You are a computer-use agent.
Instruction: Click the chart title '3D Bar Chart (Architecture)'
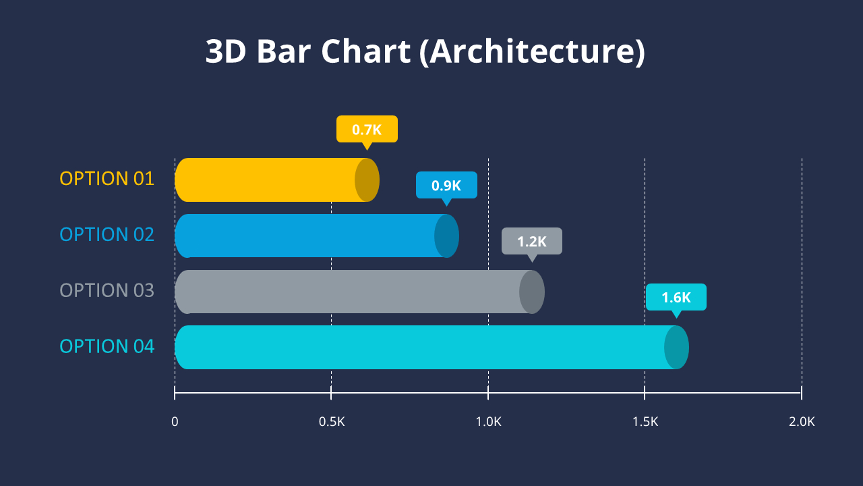pos(425,52)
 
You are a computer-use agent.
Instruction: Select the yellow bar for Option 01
pos(270,180)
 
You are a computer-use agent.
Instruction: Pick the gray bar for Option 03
pos(351,292)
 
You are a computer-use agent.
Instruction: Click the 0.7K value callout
pos(367,130)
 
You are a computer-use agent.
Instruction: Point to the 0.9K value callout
pos(446,185)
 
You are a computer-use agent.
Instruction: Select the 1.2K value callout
pos(531,241)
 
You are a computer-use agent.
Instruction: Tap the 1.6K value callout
pos(676,297)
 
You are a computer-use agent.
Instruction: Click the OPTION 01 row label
pos(107,179)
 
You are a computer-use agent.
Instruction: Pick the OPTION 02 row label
pos(107,235)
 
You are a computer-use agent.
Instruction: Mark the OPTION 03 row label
pos(107,290)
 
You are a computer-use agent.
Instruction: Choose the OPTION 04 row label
pos(107,346)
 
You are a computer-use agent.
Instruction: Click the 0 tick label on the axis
pos(175,422)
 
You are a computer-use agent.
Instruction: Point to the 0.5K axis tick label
pos(331,422)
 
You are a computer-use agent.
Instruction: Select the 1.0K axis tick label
pos(488,422)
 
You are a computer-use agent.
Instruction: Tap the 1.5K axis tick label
pos(645,422)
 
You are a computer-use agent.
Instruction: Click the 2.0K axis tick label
pos(802,422)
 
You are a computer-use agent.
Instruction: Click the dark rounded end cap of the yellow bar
pos(367,180)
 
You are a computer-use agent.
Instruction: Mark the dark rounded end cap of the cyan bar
pos(677,347)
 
